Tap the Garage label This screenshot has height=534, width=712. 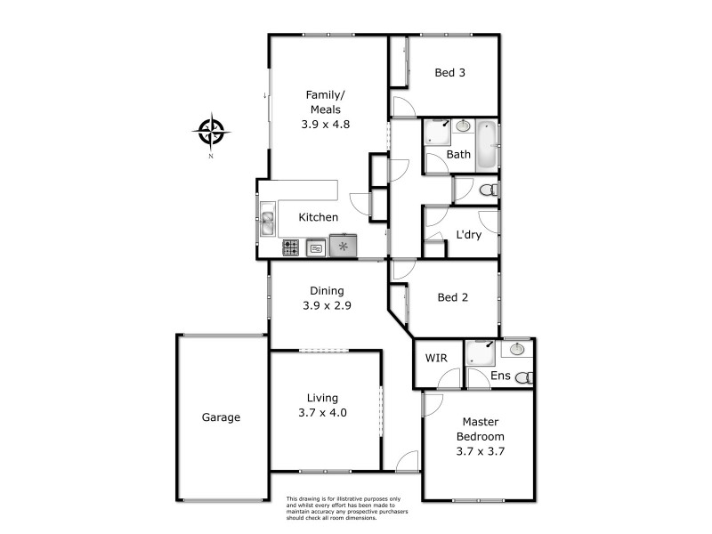[221, 417]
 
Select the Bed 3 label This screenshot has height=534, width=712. [449, 74]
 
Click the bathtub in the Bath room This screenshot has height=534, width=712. [486, 147]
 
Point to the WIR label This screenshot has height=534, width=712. [436, 358]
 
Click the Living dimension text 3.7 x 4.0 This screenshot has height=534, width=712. [321, 412]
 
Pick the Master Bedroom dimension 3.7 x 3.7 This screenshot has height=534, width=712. [481, 451]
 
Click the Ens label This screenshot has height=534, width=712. [501, 376]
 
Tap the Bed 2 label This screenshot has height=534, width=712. [452, 298]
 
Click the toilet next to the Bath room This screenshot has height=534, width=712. [486, 190]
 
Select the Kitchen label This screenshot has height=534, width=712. [318, 217]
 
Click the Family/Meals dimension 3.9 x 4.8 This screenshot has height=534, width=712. [324, 125]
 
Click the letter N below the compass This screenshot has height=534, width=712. [211, 157]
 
